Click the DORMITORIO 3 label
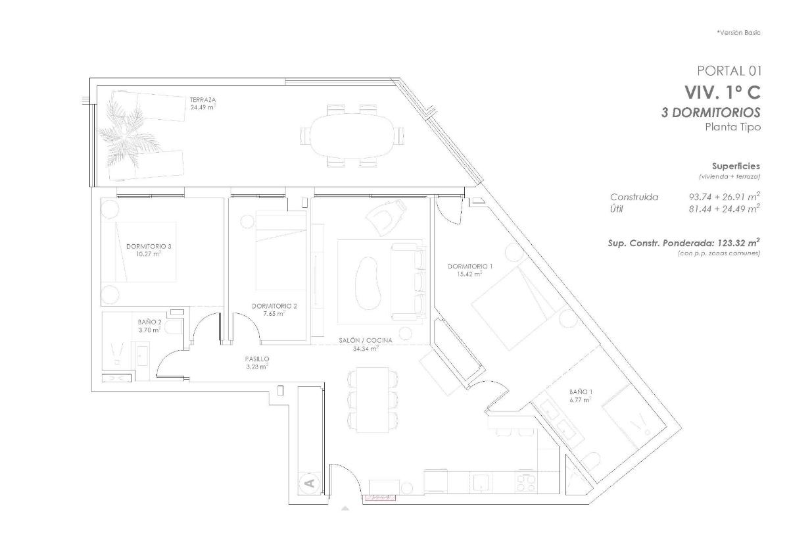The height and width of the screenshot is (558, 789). click(149, 246)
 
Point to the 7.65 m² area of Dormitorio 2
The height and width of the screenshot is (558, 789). click(275, 314)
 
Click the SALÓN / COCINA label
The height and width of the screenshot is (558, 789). click(366, 340)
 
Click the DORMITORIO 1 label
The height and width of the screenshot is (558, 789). click(470, 266)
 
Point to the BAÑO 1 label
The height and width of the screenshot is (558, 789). click(581, 392)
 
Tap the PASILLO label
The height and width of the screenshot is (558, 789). click(257, 359)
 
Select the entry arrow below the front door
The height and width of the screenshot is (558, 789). click(345, 508)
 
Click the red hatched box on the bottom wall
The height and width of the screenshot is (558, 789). click(381, 497)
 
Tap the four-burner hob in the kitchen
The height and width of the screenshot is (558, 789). click(527, 484)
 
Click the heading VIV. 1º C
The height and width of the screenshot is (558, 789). click(722, 91)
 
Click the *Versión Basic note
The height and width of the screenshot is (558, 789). click(738, 32)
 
